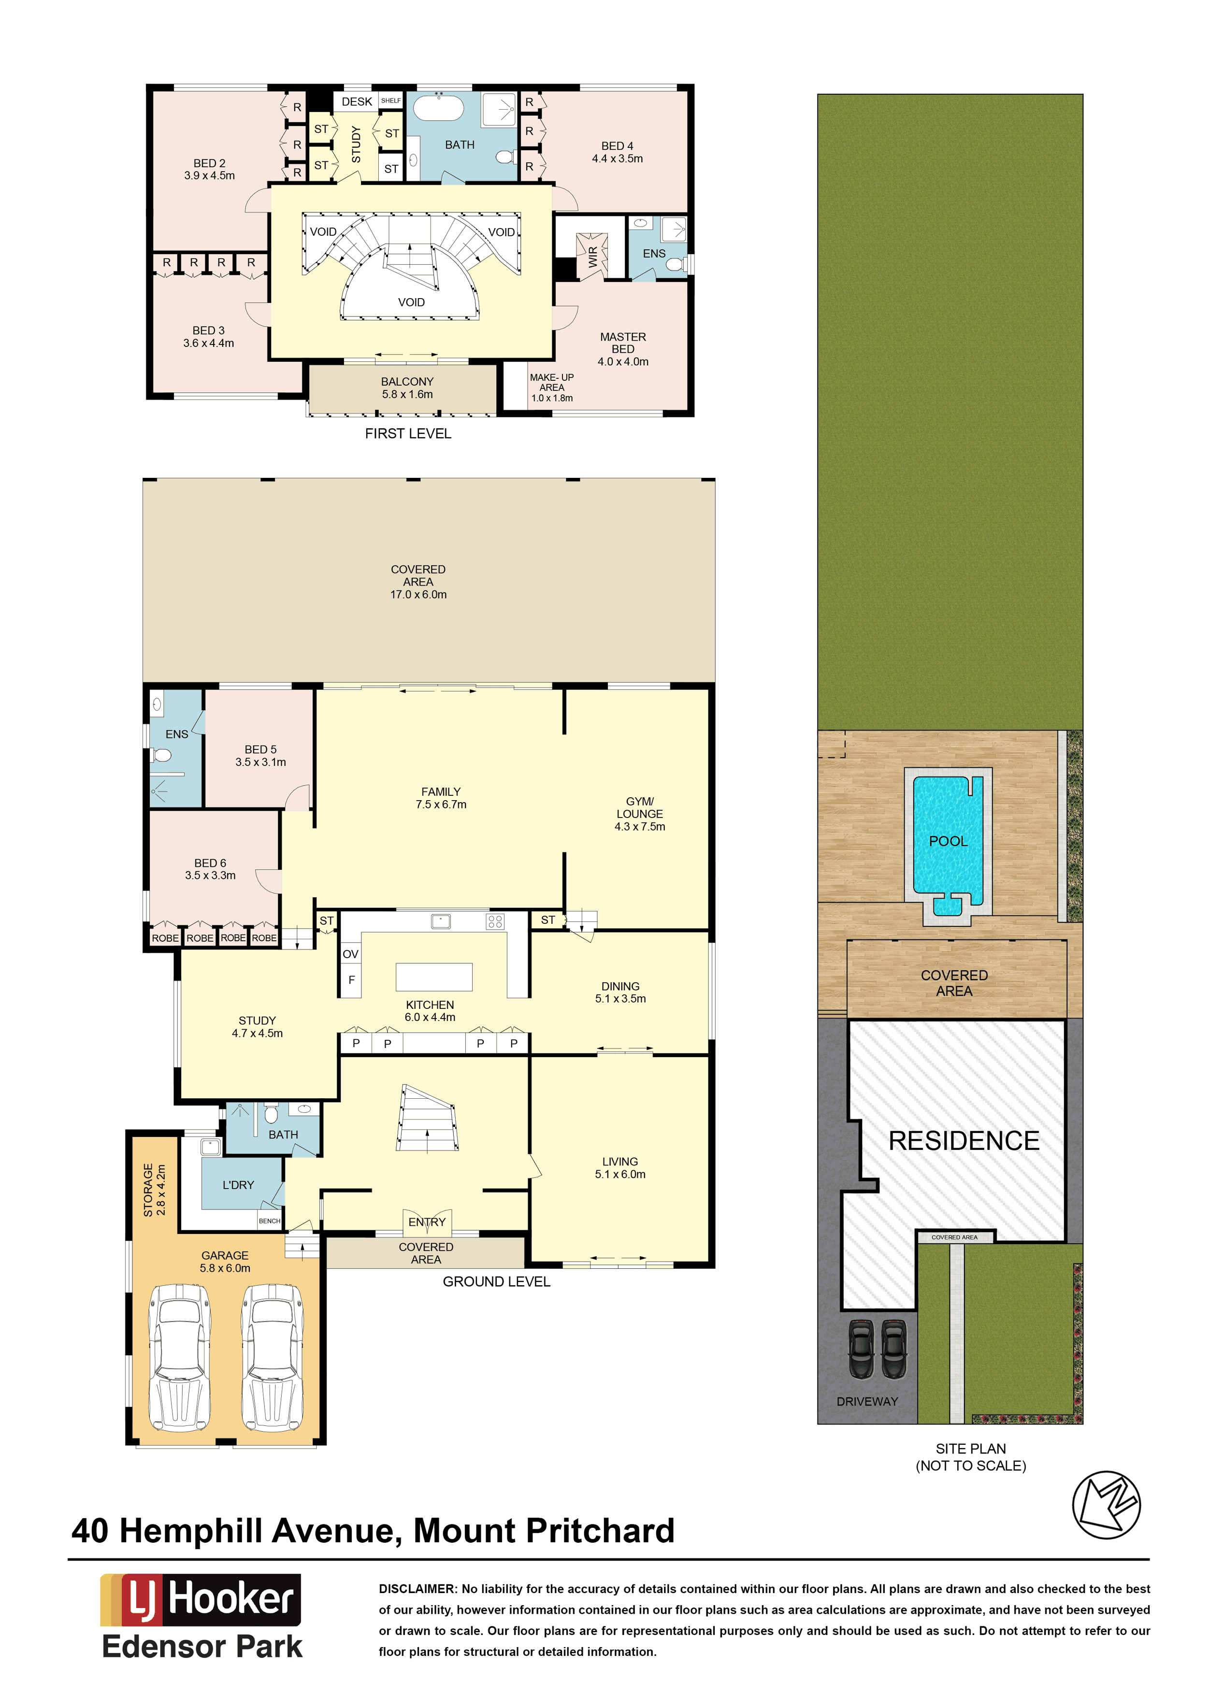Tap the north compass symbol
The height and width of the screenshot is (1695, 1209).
tap(1106, 1505)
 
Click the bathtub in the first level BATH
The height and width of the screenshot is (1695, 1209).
tap(438, 107)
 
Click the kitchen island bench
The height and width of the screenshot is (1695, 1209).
tap(434, 977)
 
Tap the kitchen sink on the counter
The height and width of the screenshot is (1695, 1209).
tap(441, 921)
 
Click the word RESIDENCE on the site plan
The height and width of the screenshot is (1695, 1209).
tap(964, 1141)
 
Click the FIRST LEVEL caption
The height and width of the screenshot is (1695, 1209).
tap(408, 433)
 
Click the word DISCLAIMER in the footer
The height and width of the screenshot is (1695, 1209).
tap(417, 1589)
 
